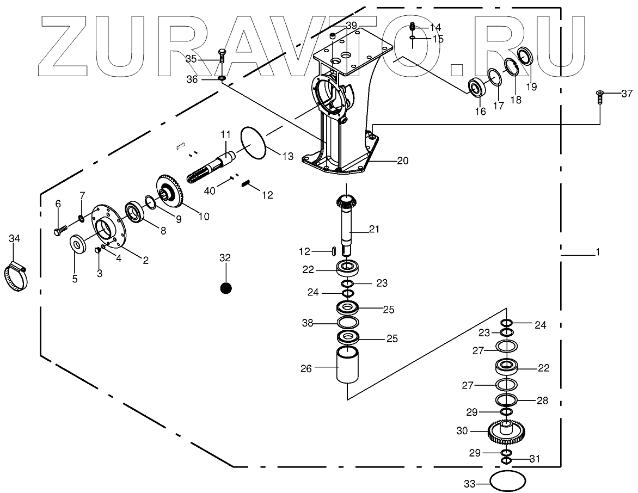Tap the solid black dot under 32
[226, 288]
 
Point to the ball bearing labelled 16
[478, 88]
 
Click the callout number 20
[403, 161]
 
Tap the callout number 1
[597, 252]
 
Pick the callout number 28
[542, 400]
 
